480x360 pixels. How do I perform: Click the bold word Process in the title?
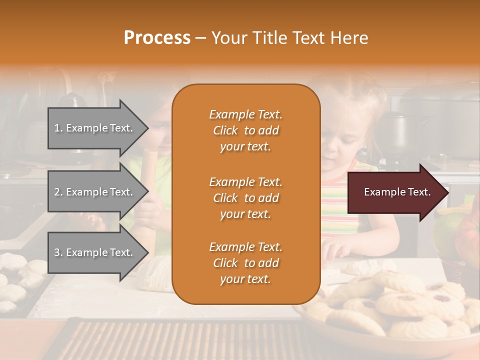[x=157, y=38]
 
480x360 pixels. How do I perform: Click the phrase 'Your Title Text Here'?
[x=289, y=38]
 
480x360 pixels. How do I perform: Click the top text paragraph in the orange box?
[x=245, y=130]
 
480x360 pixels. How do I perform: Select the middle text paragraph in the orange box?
[x=245, y=198]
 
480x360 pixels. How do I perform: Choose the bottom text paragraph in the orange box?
[x=245, y=263]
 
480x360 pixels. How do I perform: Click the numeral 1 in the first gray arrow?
[x=57, y=128]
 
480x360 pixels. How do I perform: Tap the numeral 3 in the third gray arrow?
[x=57, y=252]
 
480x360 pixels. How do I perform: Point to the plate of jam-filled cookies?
[x=400, y=305]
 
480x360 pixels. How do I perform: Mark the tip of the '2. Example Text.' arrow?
[x=147, y=192]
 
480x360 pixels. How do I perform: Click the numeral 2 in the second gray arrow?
[x=57, y=192]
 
